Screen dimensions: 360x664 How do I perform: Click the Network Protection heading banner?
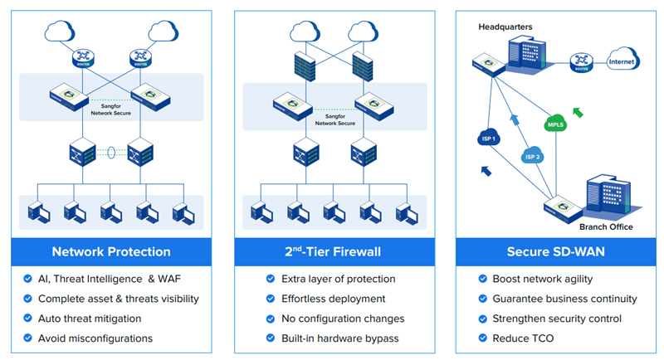[111, 251]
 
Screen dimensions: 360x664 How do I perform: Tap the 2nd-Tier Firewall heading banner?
[332, 251]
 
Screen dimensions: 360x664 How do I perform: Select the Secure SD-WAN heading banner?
[553, 251]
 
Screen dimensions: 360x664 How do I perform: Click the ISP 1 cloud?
[490, 138]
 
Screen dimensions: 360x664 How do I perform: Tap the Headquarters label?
[505, 27]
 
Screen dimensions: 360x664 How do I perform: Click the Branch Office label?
[606, 226]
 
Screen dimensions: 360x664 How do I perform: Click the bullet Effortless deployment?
[334, 299]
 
